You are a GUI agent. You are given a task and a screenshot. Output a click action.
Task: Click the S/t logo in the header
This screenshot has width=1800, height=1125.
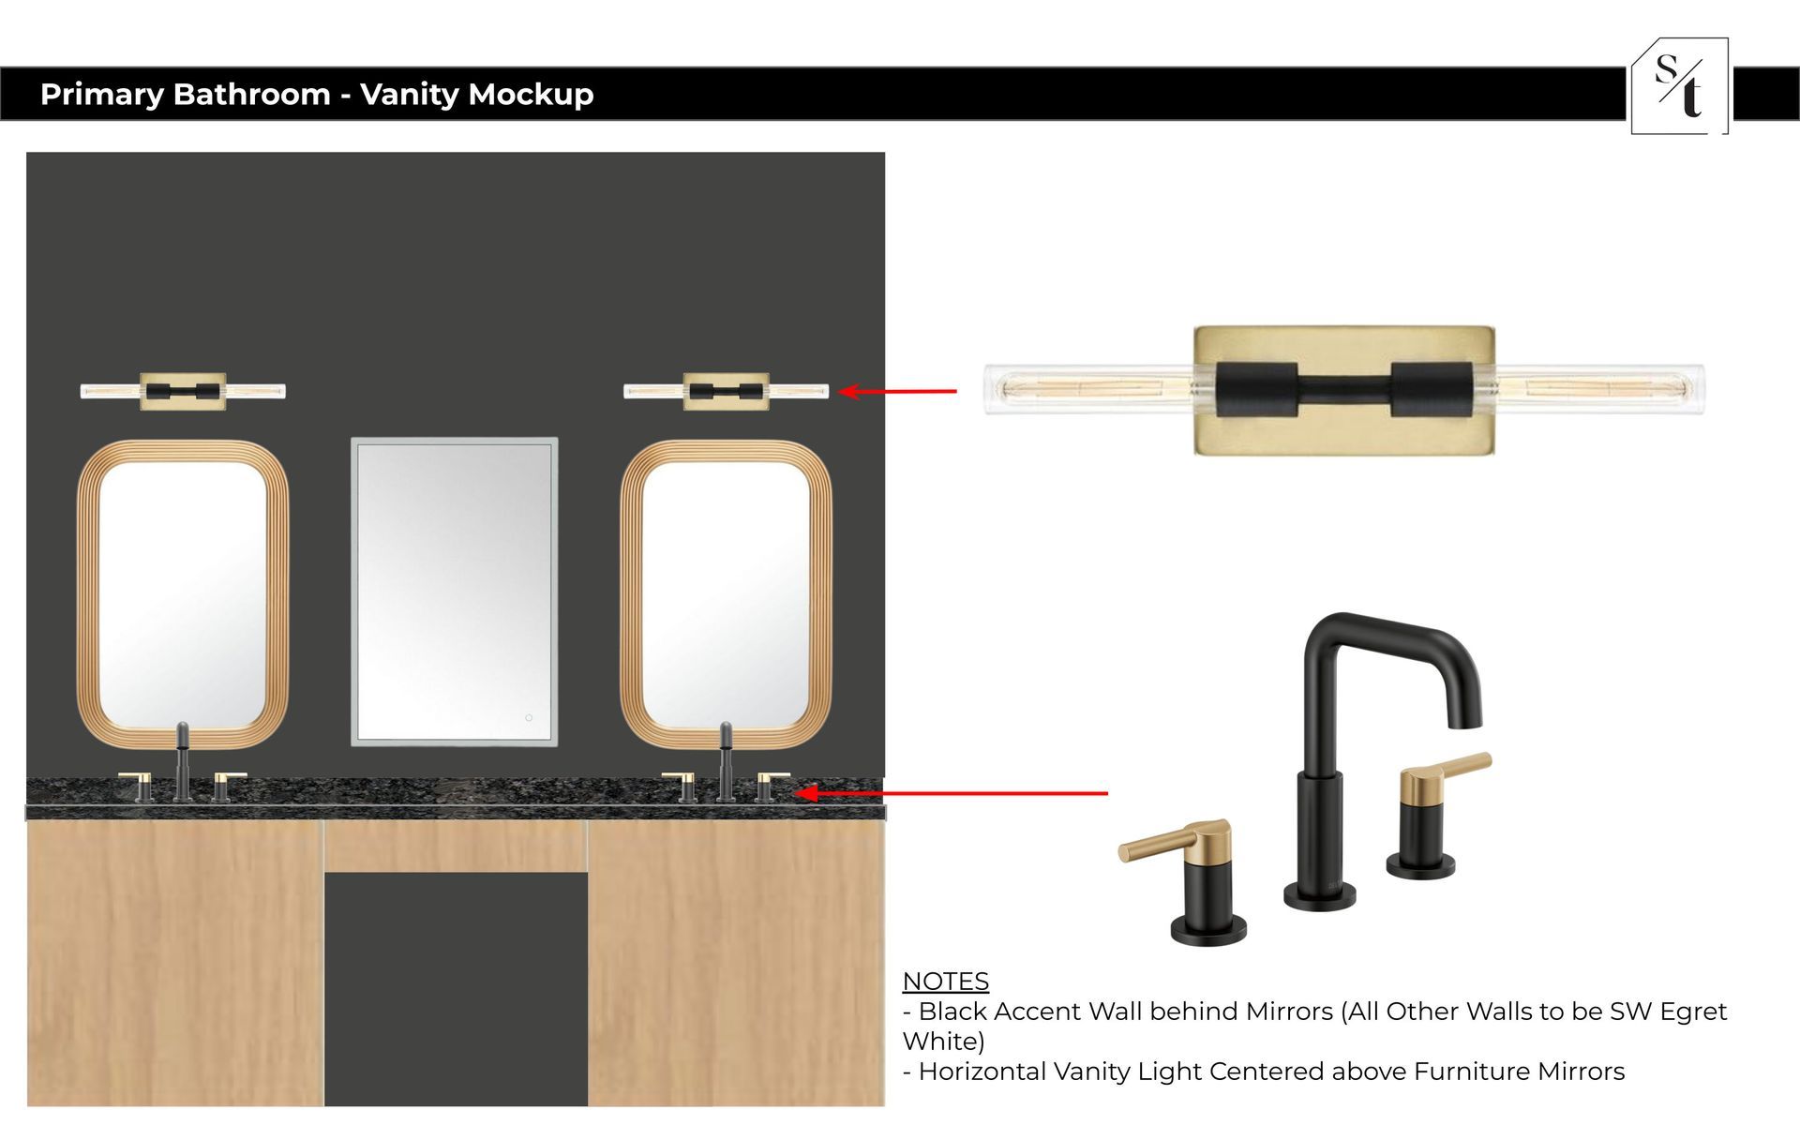[1680, 86]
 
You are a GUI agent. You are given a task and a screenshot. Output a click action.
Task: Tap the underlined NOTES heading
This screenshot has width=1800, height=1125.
[945, 982]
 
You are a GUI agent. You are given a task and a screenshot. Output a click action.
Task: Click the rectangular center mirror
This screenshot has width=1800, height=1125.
[455, 592]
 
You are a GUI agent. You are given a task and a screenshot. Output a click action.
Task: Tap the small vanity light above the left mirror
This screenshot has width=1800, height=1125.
[183, 391]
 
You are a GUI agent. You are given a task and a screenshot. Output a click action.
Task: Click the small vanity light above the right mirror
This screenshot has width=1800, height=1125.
[727, 391]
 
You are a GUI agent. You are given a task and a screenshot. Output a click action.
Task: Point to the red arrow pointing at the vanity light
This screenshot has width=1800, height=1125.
[897, 391]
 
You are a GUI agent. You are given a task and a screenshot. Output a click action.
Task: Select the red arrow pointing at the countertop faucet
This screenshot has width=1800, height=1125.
[952, 793]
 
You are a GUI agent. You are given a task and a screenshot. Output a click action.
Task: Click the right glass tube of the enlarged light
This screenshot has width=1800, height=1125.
[1598, 389]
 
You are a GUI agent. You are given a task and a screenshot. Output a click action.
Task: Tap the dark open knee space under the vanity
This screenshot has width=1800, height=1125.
[456, 989]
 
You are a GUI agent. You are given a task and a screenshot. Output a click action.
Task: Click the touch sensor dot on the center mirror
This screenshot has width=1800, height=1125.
[529, 718]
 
